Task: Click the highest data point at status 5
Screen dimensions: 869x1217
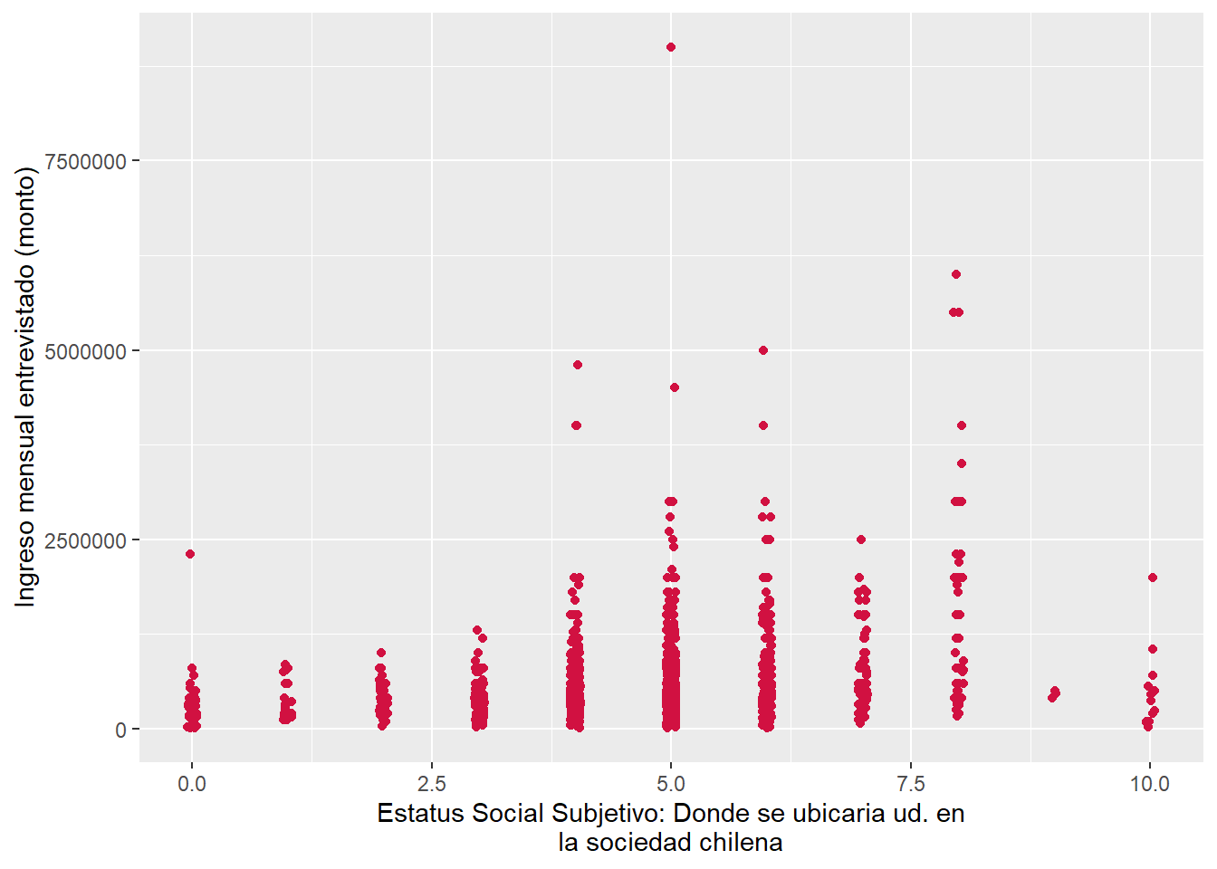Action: [671, 47]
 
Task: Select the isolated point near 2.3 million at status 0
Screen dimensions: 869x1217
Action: [190, 554]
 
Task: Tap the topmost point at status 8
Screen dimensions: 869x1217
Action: [956, 274]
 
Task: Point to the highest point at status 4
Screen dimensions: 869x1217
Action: [578, 365]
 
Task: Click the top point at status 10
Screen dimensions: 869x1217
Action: [1153, 578]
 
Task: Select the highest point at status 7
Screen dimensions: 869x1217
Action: [861, 540]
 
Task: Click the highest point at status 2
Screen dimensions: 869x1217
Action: [381, 653]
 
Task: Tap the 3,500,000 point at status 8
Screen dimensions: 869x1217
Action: [962, 463]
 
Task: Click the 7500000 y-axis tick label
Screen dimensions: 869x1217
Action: [85, 161]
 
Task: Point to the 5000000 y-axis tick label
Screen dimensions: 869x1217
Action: [85, 351]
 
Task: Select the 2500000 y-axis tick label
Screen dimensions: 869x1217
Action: [85, 540]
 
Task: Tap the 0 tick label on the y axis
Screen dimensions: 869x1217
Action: [121, 731]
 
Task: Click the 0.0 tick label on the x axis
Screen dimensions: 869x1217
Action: [192, 784]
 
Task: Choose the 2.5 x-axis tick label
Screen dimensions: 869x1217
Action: [431, 784]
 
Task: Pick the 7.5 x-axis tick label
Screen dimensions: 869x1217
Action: [910, 784]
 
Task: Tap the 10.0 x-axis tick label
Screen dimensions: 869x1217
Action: [1149, 784]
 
